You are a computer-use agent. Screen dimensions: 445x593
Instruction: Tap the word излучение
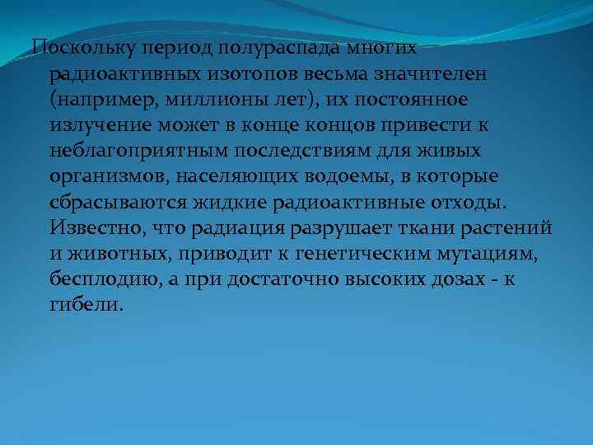[94, 125]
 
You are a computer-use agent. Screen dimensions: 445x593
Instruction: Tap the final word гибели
[86, 305]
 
